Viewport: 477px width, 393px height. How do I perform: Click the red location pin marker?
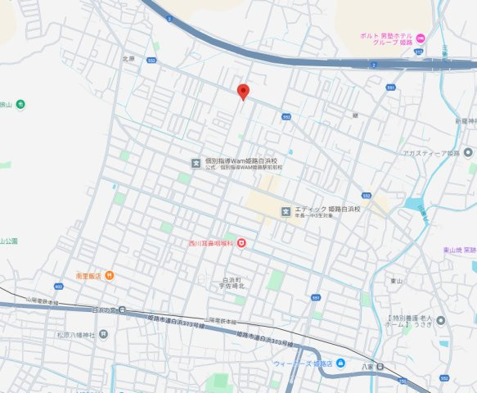pyautogui.click(x=242, y=91)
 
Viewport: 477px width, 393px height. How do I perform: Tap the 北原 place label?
pyautogui.click(x=127, y=58)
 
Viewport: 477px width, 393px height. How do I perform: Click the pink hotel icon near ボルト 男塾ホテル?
pyautogui.click(x=421, y=38)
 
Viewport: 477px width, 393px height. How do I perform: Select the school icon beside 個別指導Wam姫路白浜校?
pyautogui.click(x=196, y=162)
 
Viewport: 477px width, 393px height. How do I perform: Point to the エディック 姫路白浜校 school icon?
pyautogui.click(x=286, y=210)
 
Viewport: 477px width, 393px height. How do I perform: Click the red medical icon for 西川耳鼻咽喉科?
pyautogui.click(x=241, y=243)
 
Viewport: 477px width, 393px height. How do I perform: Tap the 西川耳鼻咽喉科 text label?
pyautogui.click(x=210, y=243)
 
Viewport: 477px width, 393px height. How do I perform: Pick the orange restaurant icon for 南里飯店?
pyautogui.click(x=109, y=275)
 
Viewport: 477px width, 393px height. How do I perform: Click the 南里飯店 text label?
pyautogui.click(x=88, y=275)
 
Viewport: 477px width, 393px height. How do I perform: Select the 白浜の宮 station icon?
pyautogui.click(x=122, y=309)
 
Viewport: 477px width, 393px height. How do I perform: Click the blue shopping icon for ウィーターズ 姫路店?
pyautogui.click(x=340, y=363)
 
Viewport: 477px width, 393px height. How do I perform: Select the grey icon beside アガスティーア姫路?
pyautogui.click(x=468, y=152)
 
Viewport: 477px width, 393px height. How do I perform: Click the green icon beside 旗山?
pyautogui.click(x=20, y=104)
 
